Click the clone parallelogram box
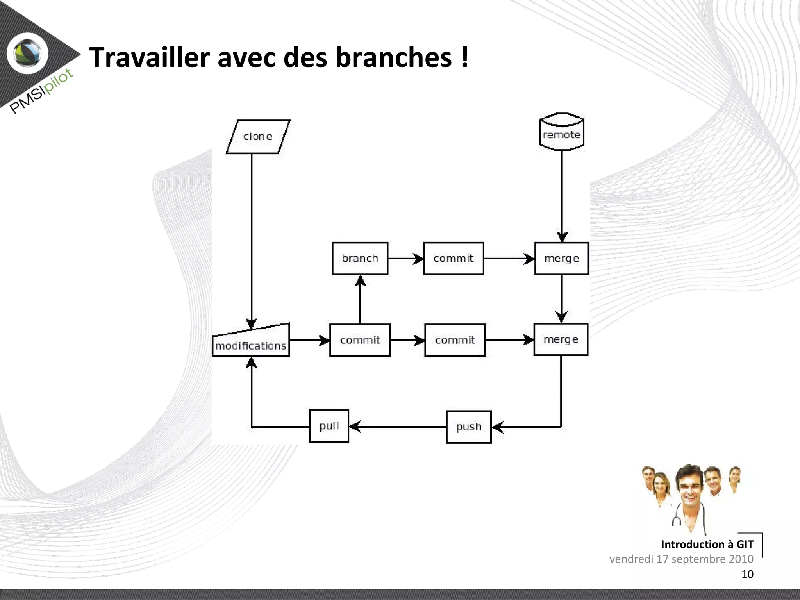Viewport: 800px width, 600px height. point(258,137)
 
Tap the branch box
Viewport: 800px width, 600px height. point(360,259)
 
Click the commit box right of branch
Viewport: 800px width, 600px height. point(454,259)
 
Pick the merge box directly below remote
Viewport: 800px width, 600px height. point(561,259)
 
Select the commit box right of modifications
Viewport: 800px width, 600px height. point(360,340)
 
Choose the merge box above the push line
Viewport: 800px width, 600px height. point(561,339)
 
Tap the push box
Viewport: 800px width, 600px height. point(468,427)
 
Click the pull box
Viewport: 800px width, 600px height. point(329,426)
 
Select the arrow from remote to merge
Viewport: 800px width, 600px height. point(562,195)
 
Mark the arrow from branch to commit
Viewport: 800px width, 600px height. point(405,259)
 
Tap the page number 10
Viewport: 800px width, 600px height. point(747,574)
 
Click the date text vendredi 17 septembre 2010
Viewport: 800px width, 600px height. point(681,559)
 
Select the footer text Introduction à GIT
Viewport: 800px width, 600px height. point(707,544)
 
